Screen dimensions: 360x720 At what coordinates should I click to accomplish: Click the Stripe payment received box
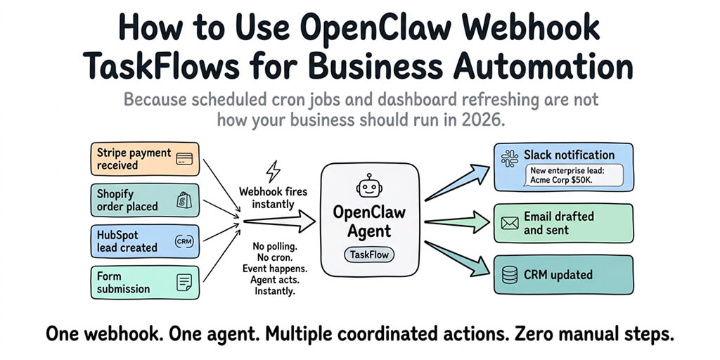pos(143,159)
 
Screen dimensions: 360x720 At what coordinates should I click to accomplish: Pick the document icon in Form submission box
pos(184,282)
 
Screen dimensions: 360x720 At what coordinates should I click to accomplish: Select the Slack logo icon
pos(510,157)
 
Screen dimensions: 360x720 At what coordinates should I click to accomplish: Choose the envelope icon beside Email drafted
pos(510,224)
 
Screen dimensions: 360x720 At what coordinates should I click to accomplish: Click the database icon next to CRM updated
pos(510,275)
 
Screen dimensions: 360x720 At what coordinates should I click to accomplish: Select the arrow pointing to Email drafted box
pos(457,223)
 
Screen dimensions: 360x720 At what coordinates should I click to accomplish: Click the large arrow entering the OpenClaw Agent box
pos(278,222)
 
